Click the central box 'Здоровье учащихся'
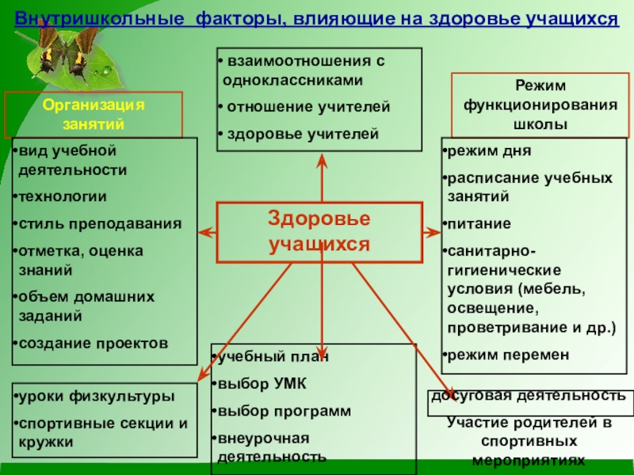319,231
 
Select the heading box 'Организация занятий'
94,114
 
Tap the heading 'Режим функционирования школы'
540,104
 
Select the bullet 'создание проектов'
92,343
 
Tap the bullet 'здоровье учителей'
302,134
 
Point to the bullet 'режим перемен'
508,355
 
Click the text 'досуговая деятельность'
529,395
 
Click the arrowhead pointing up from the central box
322,160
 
